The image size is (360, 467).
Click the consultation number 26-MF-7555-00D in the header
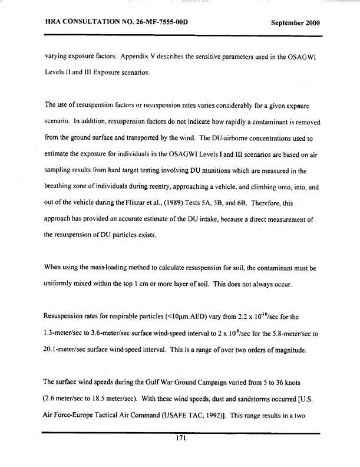point(151,23)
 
